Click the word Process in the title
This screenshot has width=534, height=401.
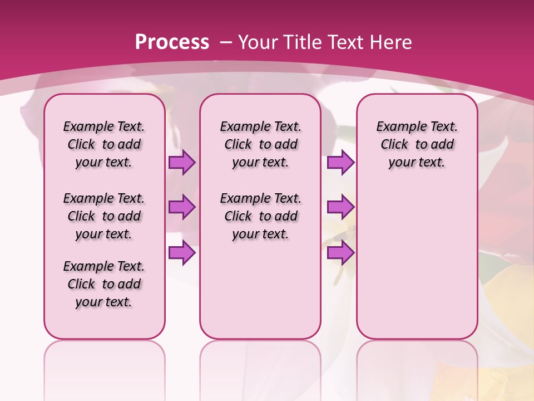point(172,42)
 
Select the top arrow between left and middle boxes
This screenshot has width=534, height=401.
point(182,163)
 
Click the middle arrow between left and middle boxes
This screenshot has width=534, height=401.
point(182,207)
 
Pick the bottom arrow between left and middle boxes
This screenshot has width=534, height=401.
point(182,253)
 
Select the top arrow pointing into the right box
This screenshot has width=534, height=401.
point(340,163)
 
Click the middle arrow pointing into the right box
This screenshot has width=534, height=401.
point(340,207)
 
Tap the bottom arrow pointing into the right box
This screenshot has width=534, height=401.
point(340,253)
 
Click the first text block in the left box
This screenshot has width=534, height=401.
point(104,144)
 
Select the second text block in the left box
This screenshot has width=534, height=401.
point(104,216)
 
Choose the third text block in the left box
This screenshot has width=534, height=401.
point(104,284)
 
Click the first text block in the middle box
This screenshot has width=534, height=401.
point(260,144)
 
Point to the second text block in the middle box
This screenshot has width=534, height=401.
point(260,216)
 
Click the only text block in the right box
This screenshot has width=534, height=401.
point(417,144)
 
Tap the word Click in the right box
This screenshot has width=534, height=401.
point(394,145)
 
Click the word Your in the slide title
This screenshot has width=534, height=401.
point(258,42)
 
